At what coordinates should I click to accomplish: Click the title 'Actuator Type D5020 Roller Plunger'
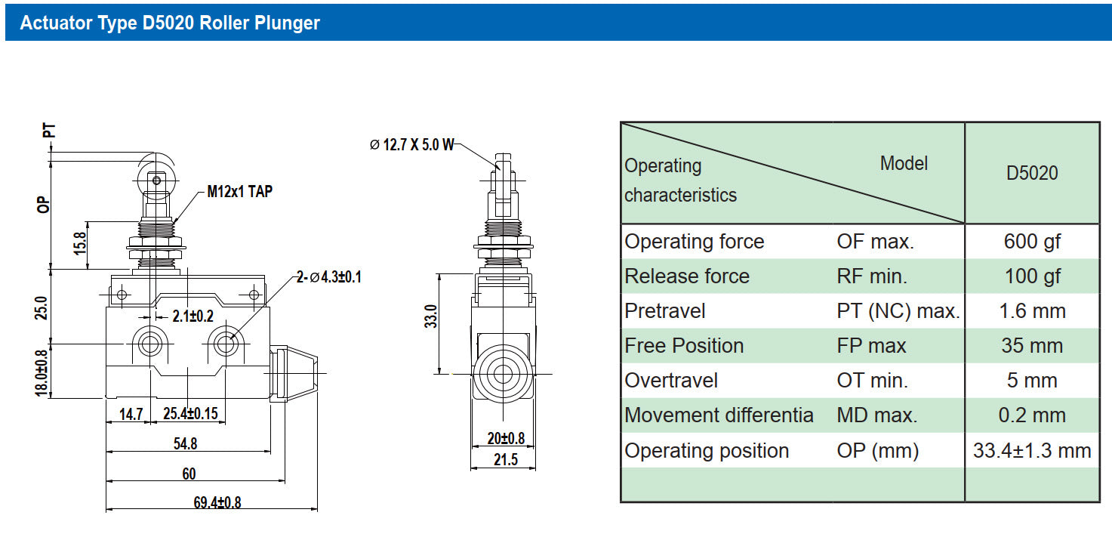[170, 23]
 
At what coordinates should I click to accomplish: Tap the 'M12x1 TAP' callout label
[240, 191]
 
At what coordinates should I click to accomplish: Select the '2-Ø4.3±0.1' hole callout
[329, 276]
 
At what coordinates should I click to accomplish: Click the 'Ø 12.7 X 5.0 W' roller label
[412, 144]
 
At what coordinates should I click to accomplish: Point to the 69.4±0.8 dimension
[217, 502]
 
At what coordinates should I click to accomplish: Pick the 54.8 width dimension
[185, 443]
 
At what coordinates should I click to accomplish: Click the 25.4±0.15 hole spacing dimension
[191, 413]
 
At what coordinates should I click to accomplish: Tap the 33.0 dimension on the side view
[431, 316]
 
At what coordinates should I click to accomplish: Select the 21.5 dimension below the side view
[505, 460]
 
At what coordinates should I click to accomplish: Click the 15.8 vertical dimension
[80, 243]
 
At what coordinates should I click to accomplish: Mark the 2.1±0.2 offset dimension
[193, 316]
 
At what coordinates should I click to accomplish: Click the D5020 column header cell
[1032, 173]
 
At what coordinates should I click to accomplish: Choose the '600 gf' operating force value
[1032, 242]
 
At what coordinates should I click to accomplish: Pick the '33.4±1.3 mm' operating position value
[1032, 451]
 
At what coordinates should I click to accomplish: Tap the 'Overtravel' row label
[671, 381]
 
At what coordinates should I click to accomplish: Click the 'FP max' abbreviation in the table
[871, 346]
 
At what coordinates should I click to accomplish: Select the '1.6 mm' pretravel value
[1032, 311]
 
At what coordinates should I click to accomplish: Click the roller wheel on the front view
[156, 181]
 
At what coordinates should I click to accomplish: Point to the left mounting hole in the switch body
[149, 343]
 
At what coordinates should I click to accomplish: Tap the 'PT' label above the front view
[48, 131]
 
